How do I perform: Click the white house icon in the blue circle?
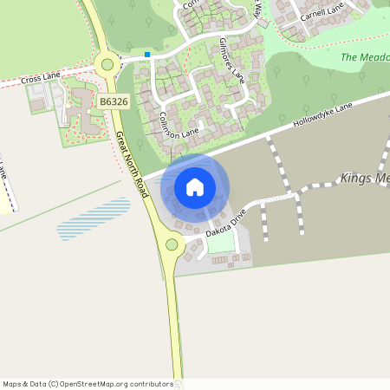click(195, 186)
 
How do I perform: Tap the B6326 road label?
click(113, 102)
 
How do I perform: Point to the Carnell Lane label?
click(322, 11)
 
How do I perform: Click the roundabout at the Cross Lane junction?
click(108, 63)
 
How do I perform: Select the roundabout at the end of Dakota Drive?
click(172, 244)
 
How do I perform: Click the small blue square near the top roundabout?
click(148, 55)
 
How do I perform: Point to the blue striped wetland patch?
click(94, 218)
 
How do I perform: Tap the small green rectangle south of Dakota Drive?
click(221, 245)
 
